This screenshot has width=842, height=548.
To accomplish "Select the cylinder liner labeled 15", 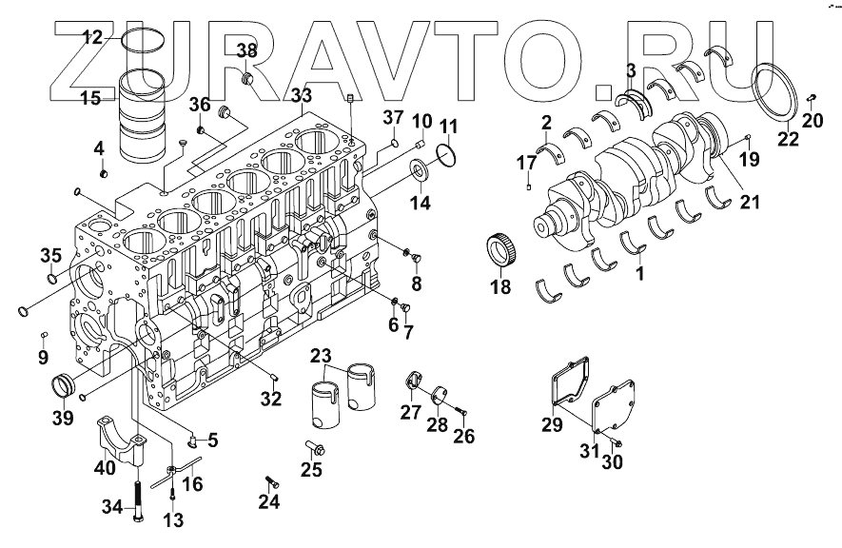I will tap(143, 119).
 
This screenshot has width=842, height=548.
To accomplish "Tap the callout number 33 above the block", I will tap(301, 96).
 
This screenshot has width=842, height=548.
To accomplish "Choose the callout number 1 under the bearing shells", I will tap(640, 272).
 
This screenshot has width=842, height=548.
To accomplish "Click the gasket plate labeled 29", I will tap(574, 390).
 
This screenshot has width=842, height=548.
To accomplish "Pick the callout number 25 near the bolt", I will tap(311, 469).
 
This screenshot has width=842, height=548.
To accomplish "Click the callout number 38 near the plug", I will tap(246, 50).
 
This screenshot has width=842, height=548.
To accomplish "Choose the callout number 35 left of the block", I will tap(49, 254).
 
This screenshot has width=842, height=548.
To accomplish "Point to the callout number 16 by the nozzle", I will tap(193, 485).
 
